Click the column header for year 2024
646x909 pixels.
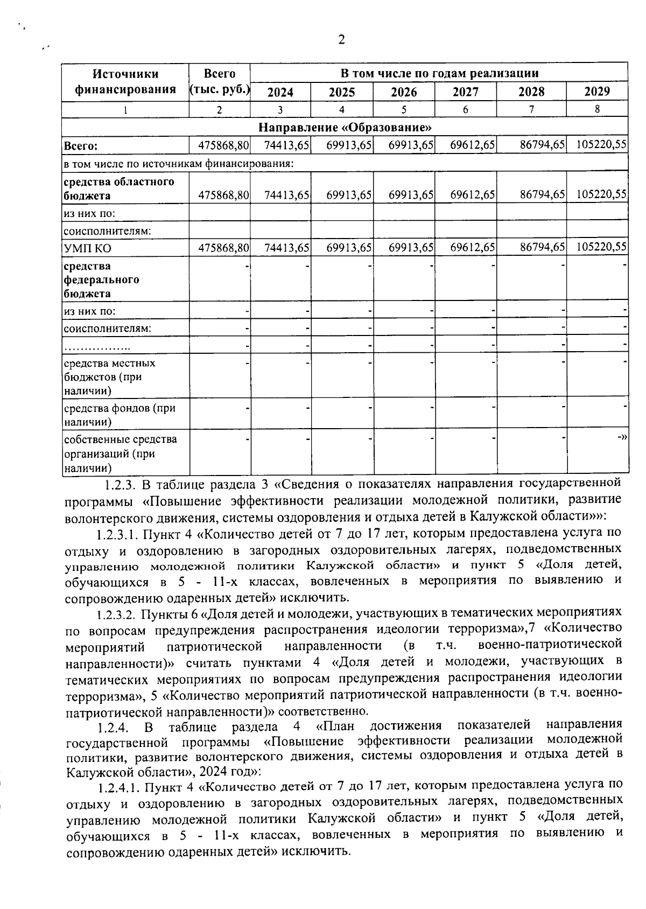point(280,92)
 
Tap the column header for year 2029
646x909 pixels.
point(597,91)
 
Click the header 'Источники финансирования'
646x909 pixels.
point(125,81)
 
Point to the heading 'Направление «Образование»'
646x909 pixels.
point(345,128)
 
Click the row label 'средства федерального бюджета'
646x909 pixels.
point(101,279)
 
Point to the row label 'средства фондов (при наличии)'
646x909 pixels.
point(120,415)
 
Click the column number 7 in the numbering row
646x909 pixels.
point(531,109)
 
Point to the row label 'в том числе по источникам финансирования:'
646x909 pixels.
point(178,163)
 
